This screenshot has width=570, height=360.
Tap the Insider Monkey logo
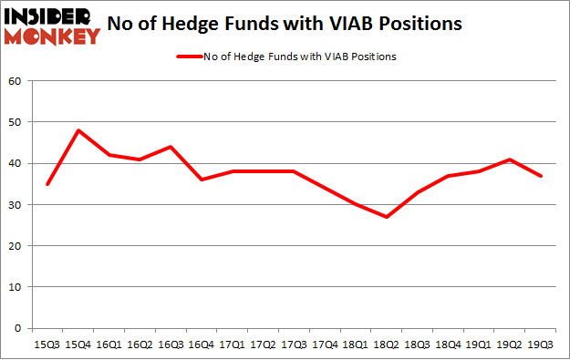tap(53, 26)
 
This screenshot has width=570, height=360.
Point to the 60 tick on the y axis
tap(15, 81)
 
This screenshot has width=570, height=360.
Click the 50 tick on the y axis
tap(15, 122)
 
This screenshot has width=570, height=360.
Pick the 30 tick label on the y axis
tap(15, 204)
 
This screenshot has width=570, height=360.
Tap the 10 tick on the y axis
tap(15, 287)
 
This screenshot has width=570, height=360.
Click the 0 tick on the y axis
tap(17, 328)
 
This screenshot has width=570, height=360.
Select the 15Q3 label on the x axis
tap(47, 345)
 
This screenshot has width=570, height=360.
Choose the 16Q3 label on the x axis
tap(170, 345)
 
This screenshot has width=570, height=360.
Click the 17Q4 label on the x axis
tap(324, 345)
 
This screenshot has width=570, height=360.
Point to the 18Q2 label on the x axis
tap(385, 345)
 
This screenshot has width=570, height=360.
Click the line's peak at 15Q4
tap(78, 130)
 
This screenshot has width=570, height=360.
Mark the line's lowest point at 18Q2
tap(386, 217)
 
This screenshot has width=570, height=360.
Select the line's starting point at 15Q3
tap(47, 184)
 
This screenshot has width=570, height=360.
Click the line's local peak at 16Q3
tap(171, 147)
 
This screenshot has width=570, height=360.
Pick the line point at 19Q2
tap(509, 159)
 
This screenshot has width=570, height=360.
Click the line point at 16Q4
tap(202, 180)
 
